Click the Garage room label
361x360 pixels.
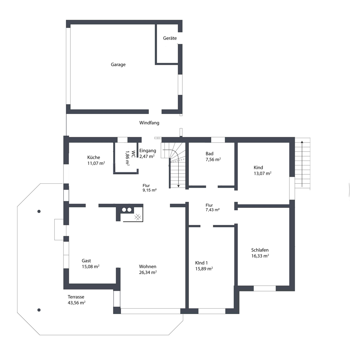coord(118,65)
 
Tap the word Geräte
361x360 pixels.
coord(170,38)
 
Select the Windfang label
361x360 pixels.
coord(149,123)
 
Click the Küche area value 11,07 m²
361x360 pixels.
coord(96,163)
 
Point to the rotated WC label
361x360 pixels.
coord(133,154)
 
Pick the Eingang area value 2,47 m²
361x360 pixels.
coord(147,156)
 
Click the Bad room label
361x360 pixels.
coord(209,154)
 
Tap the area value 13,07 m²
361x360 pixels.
coord(262,173)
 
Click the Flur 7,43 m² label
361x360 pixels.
coord(212,208)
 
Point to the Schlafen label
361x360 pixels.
coord(260,250)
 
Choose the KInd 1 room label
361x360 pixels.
coord(201,263)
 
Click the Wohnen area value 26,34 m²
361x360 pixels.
coord(148,272)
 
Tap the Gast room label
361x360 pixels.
coord(86,260)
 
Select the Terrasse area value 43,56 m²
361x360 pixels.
coord(76,303)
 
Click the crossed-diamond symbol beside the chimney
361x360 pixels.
coord(138,217)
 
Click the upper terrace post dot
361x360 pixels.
coord(39,211)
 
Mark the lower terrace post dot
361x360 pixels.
coord(39,310)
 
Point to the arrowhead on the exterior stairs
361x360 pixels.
coord(302,142)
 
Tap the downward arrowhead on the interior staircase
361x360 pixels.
coord(178,186)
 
